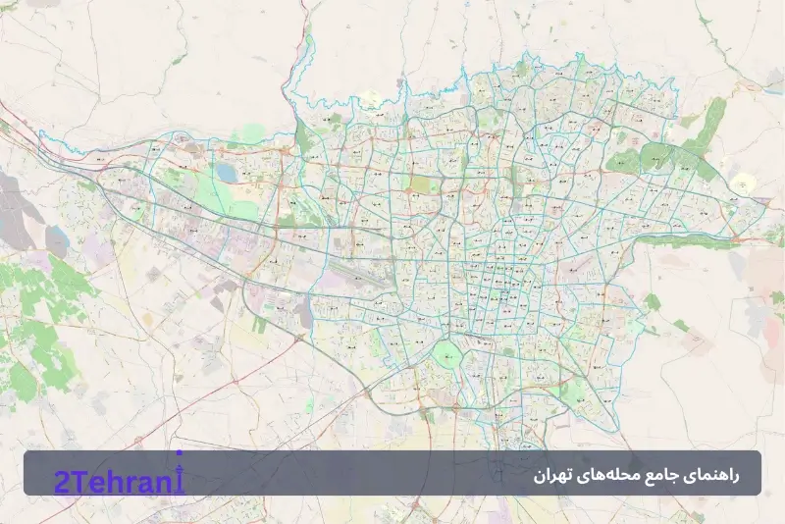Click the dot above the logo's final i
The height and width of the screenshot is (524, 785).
coord(179,453)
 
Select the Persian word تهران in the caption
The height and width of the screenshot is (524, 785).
coord(552,476)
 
